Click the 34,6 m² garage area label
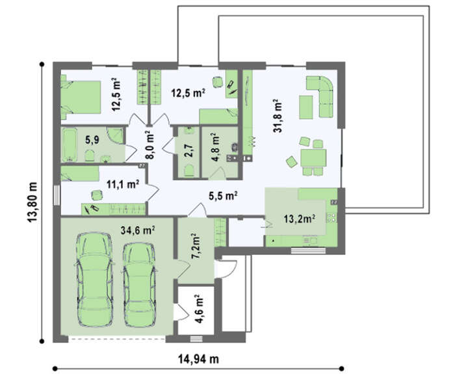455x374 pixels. (x=138, y=230)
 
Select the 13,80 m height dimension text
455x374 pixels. (x=32, y=202)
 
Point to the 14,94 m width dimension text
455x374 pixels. (x=198, y=359)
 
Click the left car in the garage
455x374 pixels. (x=94, y=279)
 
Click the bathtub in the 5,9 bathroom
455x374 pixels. (x=70, y=144)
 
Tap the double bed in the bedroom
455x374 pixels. (x=81, y=97)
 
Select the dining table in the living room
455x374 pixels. (x=313, y=157)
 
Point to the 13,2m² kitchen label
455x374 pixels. (x=300, y=219)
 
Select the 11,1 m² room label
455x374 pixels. (x=123, y=184)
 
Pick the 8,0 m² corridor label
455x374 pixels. (x=149, y=144)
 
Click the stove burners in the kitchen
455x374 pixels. (x=331, y=218)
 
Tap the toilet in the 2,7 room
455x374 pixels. (x=189, y=170)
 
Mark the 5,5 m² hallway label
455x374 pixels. (x=224, y=196)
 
